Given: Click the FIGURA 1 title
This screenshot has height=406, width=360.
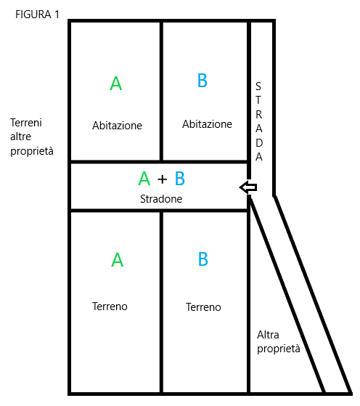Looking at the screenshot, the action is coord(37,15).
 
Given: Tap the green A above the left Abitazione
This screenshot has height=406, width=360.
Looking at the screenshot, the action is coord(116,83).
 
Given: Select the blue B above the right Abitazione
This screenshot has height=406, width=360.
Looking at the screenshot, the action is coord(202,81).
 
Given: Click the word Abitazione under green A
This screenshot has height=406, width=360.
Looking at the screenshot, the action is coord(118,126).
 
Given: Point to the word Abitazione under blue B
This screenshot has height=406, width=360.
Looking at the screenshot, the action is coord(207,124).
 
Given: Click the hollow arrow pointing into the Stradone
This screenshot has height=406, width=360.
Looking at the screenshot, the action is coord(248,187).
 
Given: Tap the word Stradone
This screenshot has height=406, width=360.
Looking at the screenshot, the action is coord(161,199).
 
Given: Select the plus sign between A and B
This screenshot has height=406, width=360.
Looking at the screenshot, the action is coord(163,179).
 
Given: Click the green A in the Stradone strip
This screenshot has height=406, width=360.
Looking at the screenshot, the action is coord(144,179).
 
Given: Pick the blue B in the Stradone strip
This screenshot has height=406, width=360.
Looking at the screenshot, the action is coord(180,179).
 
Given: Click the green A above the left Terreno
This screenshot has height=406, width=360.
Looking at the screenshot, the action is coord(118,260).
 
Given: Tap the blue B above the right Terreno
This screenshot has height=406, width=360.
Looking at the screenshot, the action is coord(203,259).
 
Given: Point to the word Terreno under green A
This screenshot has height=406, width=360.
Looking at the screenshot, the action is coord(110,306).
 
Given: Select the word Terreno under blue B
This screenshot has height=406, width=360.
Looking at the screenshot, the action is coord(203,307).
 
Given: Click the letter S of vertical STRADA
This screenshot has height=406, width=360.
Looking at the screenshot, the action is coord(258,86).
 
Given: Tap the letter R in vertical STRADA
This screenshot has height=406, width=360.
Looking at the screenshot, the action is coord(259,115).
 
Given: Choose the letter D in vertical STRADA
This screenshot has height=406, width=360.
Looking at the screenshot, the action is coord(259,142).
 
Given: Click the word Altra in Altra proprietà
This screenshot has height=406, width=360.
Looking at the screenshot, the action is coord(268,335).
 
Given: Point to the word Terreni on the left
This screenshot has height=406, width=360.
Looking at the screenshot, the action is coord(26,123).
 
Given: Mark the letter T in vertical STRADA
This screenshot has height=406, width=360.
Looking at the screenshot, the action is coord(258,100).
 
